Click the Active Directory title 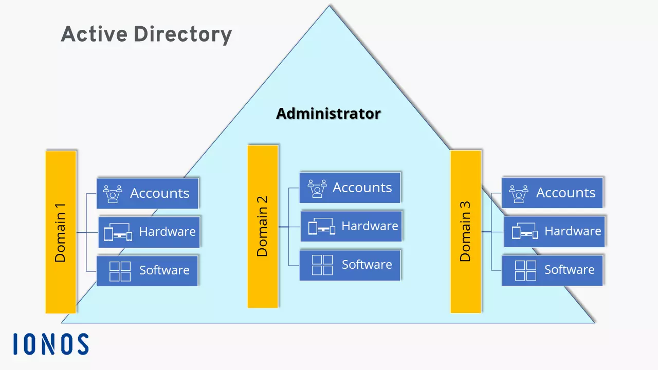point(147,35)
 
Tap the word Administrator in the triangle point(328,114)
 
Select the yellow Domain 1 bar point(61,232)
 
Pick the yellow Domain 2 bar point(263,226)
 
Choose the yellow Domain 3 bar point(466,231)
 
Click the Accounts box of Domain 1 point(148,193)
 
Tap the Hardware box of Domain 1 point(149,232)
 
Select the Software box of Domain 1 point(148,270)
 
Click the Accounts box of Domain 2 point(350,188)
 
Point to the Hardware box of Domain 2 point(351,226)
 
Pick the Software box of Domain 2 point(350,265)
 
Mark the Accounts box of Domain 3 point(553,193)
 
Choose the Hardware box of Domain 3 point(554,231)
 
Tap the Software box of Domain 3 point(553,270)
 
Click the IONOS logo point(51,344)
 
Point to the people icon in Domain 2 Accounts point(318,188)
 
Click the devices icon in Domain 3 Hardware point(524,232)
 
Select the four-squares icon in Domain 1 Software point(120,271)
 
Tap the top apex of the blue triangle point(329,6)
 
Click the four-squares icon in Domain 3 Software point(525,270)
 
